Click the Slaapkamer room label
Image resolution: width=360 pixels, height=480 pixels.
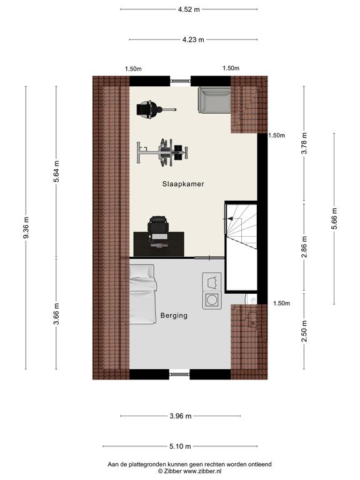pyautogui.click(x=183, y=184)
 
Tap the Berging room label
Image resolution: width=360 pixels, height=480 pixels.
pyautogui.click(x=174, y=315)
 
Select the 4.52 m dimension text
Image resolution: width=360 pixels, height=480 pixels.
pyautogui.click(x=189, y=9)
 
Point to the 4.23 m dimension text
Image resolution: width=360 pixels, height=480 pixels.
pyautogui.click(x=193, y=39)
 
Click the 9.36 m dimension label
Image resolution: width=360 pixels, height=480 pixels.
pyautogui.click(x=26, y=227)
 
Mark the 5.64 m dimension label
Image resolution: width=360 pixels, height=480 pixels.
pyautogui.click(x=56, y=171)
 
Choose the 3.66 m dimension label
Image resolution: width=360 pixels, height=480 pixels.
pyautogui.click(x=56, y=314)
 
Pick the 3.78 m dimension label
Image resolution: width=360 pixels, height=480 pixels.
pyautogui.click(x=304, y=143)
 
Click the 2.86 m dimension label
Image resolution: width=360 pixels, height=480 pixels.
pyautogui.click(x=304, y=247)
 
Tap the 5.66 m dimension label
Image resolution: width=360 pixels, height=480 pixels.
pyautogui.click(x=334, y=218)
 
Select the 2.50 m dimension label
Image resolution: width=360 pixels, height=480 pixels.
pyautogui.click(x=304, y=331)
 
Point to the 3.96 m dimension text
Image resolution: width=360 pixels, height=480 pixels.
pyautogui.click(x=180, y=416)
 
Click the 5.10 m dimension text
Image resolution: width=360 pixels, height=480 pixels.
pyautogui.click(x=180, y=446)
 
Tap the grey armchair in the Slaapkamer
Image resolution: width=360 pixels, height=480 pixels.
pyautogui.click(x=214, y=100)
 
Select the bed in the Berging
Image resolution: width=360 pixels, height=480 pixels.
pyautogui.click(x=142, y=294)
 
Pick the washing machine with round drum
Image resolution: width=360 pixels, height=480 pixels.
pyautogui.click(x=212, y=300)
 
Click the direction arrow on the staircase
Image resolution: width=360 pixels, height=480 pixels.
pyautogui.click(x=230, y=219)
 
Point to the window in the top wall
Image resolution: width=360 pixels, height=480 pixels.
pyautogui.click(x=180, y=81)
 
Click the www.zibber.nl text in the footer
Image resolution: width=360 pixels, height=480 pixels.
pyautogui.click(x=202, y=471)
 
